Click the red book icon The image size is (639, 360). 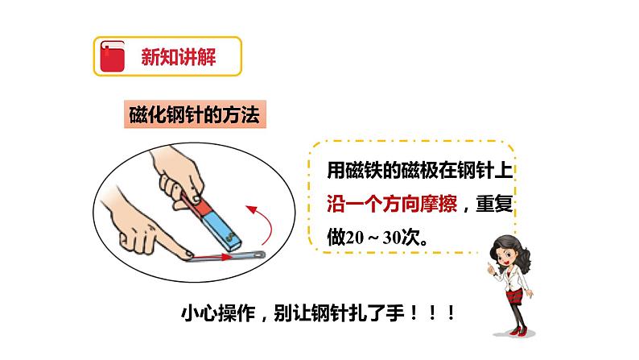click(x=112, y=56)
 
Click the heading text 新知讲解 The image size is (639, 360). click(x=179, y=56)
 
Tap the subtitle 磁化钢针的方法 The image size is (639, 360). click(x=195, y=114)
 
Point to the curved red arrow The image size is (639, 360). click(x=268, y=222)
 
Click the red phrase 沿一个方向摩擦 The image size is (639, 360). click(x=392, y=204)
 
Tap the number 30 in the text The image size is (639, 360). click(x=392, y=238)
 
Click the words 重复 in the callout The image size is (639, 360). click(x=494, y=204)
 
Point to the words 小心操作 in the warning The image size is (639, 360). click(x=218, y=313)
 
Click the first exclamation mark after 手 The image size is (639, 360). click(x=414, y=313)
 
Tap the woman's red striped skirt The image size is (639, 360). click(x=514, y=296)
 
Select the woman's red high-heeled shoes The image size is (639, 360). click(x=517, y=331)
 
